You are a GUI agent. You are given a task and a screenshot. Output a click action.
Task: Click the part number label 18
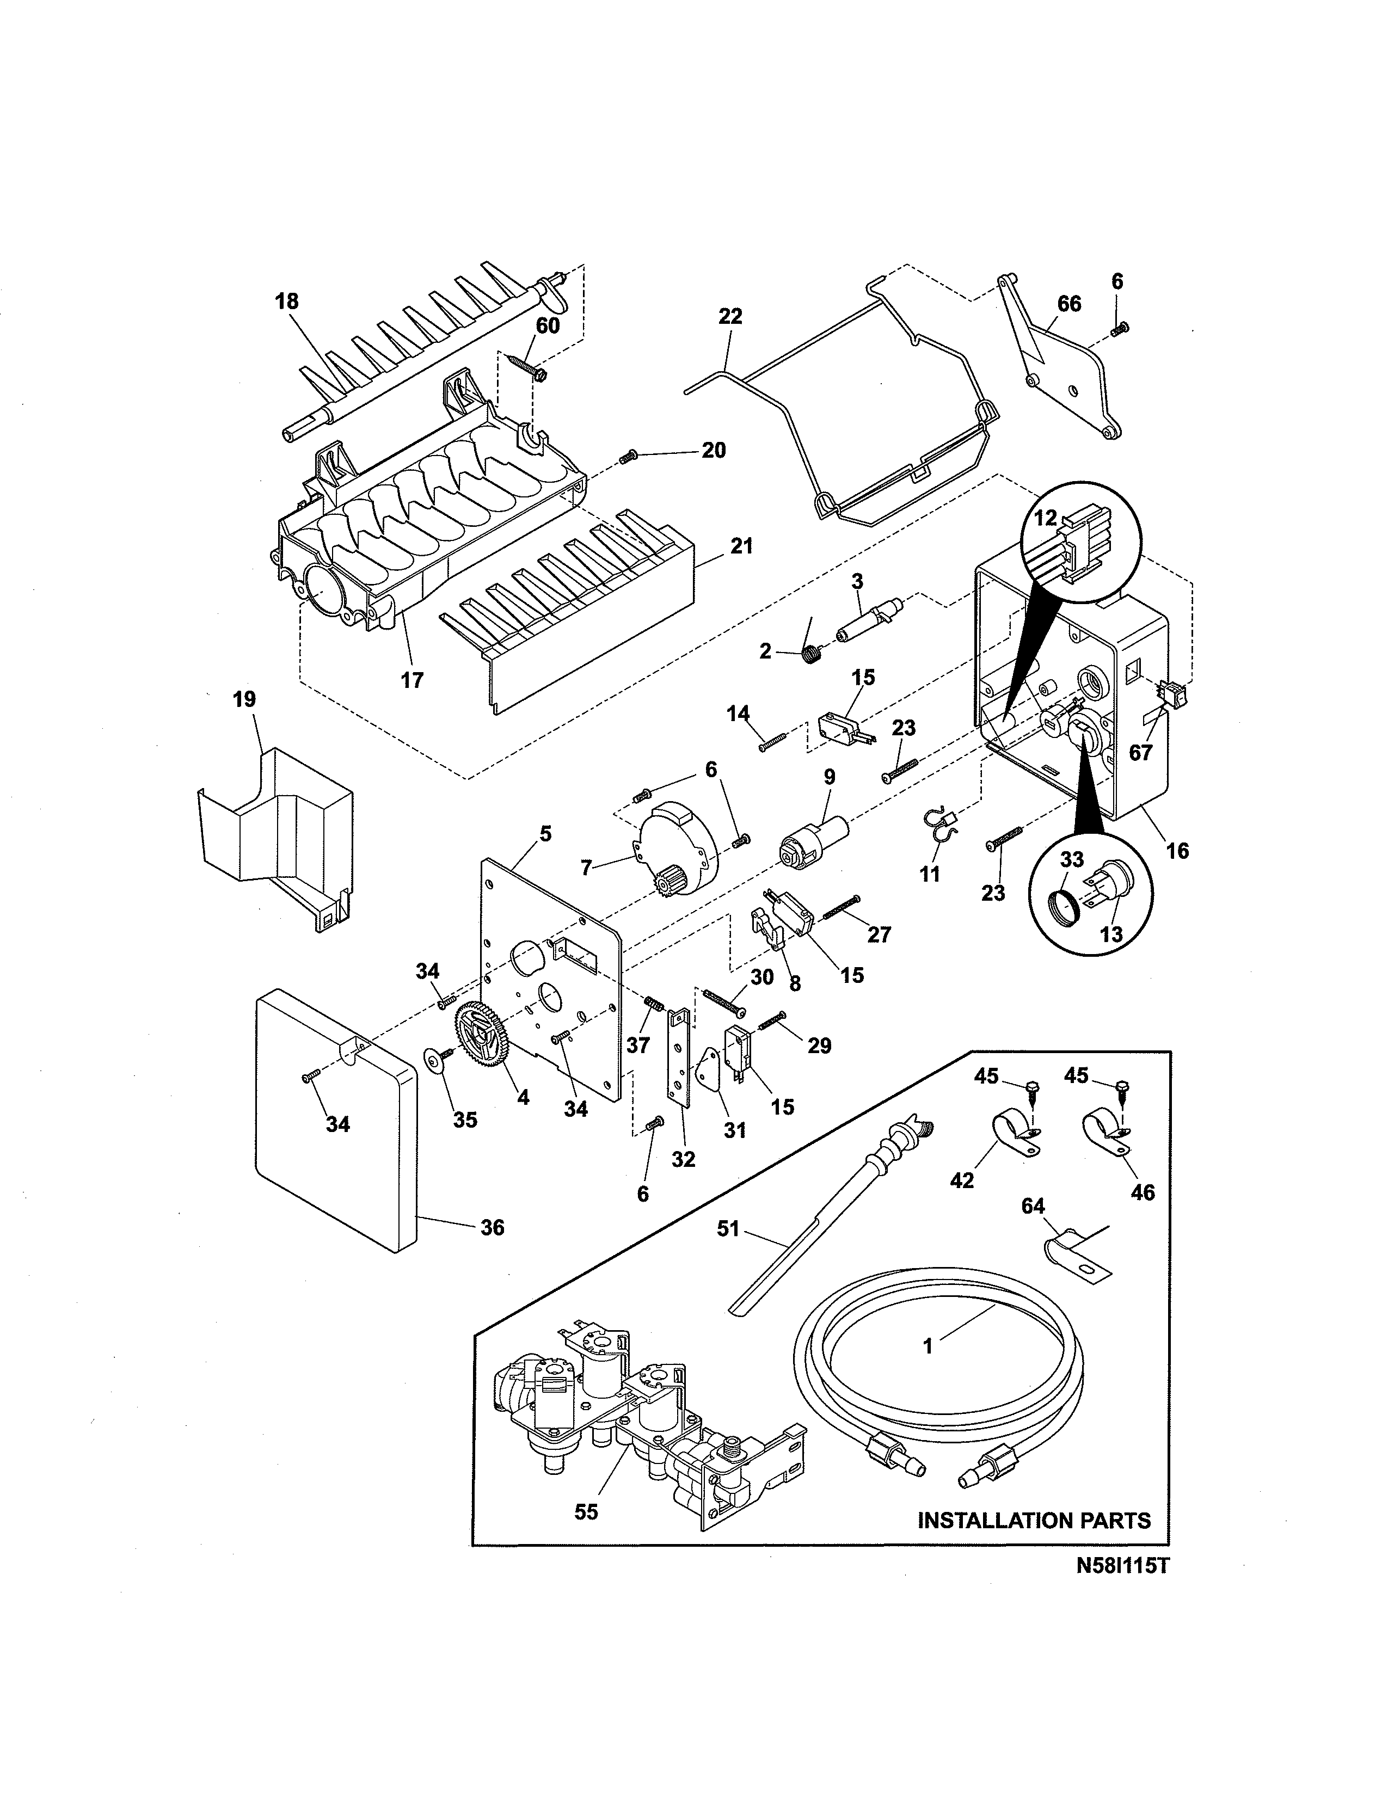coord(286,302)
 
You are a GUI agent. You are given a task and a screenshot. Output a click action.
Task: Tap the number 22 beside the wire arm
coord(730,317)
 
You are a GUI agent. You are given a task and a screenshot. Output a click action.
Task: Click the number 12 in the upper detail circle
coord(1045,518)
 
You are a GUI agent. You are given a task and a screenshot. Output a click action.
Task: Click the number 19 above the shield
coord(244,700)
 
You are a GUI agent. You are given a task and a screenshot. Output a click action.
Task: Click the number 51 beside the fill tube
coord(728,1229)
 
